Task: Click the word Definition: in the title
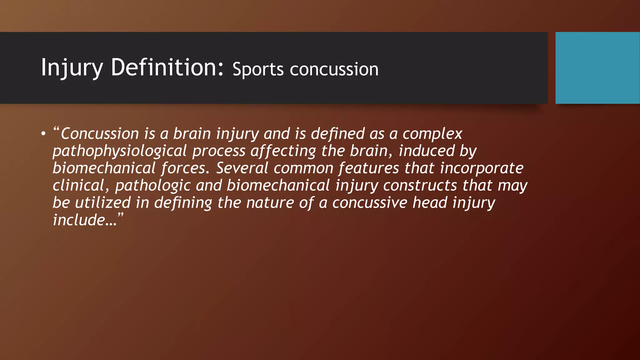(167, 67)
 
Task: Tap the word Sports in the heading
(258, 69)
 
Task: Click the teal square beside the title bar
(597, 68)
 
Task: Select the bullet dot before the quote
(43, 134)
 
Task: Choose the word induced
(427, 151)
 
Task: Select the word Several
(242, 168)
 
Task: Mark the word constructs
(420, 185)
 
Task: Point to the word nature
(270, 203)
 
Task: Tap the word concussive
(370, 203)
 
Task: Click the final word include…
(85, 220)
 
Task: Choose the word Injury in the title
(72, 68)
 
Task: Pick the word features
(369, 168)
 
